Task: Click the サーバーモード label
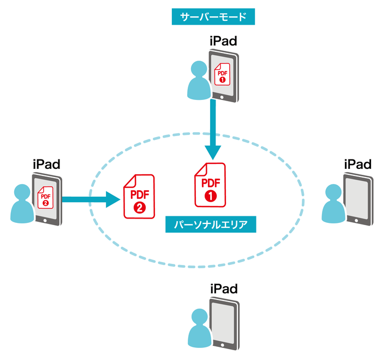(x=213, y=17)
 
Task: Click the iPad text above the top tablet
(x=223, y=40)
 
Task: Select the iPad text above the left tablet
(x=46, y=163)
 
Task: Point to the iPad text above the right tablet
(x=358, y=164)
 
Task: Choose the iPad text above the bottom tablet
(x=223, y=288)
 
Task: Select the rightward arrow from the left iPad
(x=90, y=199)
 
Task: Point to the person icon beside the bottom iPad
(x=199, y=330)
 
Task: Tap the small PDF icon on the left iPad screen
(x=45, y=196)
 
